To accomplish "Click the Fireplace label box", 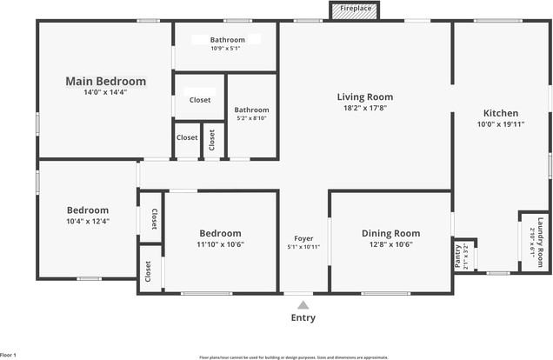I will coord(355,9).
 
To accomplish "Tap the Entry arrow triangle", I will coord(303,305).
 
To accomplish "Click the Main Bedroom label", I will coord(106,81).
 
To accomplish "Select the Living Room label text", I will coord(365,97).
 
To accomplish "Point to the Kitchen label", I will coord(501,113).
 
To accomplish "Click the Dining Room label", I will coord(390,233).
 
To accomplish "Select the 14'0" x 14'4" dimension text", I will coord(106,92).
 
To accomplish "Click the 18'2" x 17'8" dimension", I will coord(365,109).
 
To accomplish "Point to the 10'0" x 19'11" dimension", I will coord(501,124).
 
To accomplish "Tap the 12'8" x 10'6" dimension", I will coord(390,244).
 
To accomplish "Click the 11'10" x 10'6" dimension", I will coord(221,244).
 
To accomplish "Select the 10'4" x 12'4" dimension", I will coord(88,221).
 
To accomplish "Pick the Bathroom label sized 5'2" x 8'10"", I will coord(251,110).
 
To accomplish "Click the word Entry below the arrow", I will coord(303,317).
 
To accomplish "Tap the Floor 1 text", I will coord(9,355).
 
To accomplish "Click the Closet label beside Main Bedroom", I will coord(200,100).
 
